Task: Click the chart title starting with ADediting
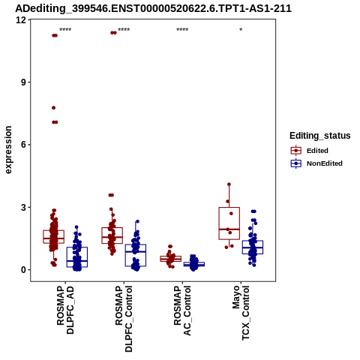(x=153, y=8)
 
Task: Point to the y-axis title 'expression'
(x=8, y=150)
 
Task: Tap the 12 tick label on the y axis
(x=21, y=19)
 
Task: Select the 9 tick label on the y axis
(x=24, y=82)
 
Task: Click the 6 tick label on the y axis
(x=24, y=145)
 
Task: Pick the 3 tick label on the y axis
(x=24, y=207)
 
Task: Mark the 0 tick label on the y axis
(x=24, y=270)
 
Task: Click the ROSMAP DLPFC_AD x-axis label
(x=65, y=310)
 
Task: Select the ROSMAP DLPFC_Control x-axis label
(x=124, y=319)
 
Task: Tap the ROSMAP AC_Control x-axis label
(x=182, y=310)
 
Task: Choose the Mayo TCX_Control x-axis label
(x=241, y=313)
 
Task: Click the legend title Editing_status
(x=320, y=136)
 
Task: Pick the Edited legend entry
(x=317, y=151)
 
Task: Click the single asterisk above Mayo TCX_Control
(x=241, y=30)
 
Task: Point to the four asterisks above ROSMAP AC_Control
(x=182, y=30)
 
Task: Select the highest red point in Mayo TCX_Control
(x=229, y=184)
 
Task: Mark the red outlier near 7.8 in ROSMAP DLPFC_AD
(x=53, y=108)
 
